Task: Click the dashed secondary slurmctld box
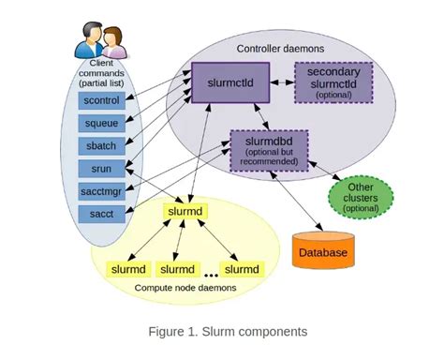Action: [333, 82]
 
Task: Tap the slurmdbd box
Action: [269, 149]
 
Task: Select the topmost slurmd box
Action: [185, 213]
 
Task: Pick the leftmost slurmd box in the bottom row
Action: [128, 269]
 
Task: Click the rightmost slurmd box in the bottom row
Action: [242, 269]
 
